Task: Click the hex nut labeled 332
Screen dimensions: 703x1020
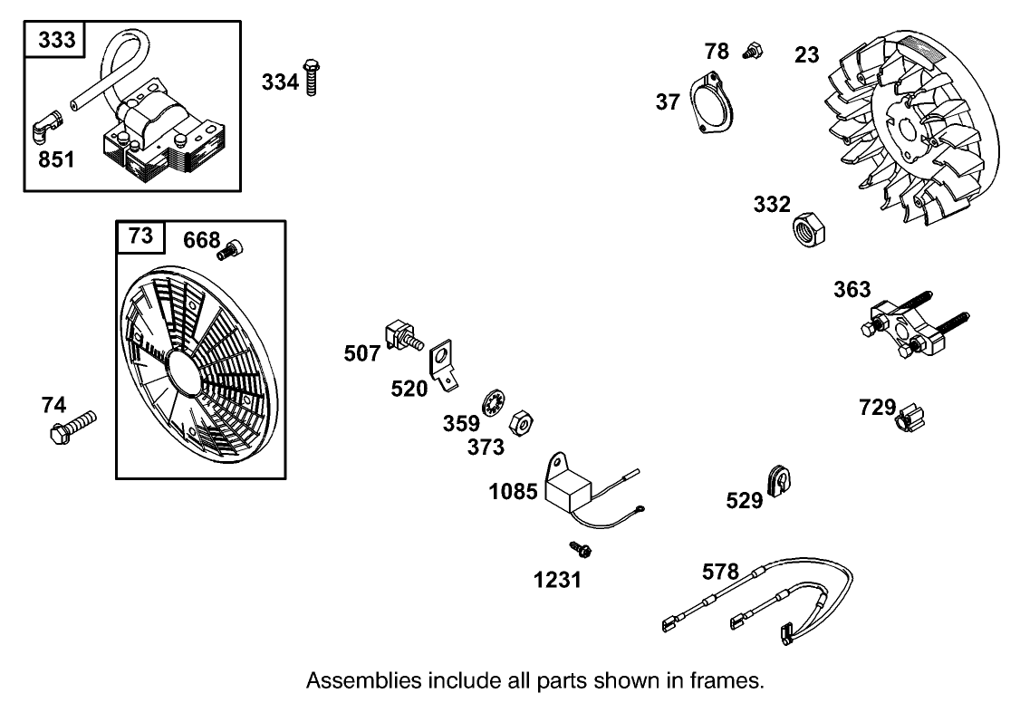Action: [809, 230]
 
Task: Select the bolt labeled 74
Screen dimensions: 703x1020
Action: [72, 425]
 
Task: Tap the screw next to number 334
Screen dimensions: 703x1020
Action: [313, 78]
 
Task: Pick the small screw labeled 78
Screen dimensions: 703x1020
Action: [750, 50]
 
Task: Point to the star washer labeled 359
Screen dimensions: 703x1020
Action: [492, 403]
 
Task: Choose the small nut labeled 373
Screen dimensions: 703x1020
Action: [521, 423]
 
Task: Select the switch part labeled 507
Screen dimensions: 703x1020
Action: [404, 336]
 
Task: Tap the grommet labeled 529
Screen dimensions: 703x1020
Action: [779, 479]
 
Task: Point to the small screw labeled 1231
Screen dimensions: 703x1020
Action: [578, 548]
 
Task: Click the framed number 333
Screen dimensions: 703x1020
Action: [56, 41]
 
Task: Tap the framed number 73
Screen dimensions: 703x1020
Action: [140, 236]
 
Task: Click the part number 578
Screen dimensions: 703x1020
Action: [720, 573]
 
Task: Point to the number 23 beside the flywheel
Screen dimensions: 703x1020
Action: [806, 55]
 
